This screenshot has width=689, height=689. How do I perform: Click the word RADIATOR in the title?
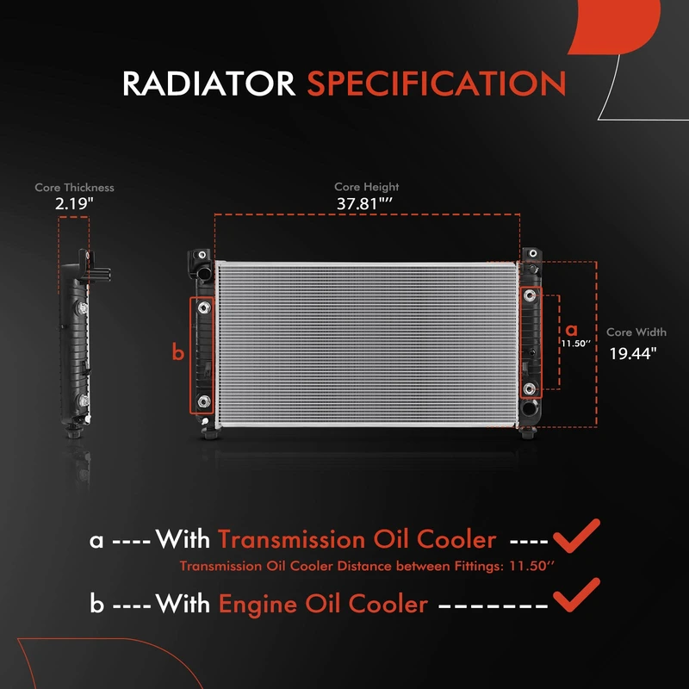click(208, 84)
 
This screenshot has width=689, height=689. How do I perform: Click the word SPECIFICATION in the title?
click(437, 84)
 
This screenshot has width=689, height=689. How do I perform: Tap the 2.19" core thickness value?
click(74, 203)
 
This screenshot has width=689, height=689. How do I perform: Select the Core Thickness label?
click(74, 188)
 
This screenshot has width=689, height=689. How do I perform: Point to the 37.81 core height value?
click(364, 203)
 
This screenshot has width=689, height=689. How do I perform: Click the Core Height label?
click(367, 187)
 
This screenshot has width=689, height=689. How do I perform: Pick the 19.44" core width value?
click(633, 353)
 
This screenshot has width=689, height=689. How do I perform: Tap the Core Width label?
click(636, 332)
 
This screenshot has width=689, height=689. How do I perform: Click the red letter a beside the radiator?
click(571, 330)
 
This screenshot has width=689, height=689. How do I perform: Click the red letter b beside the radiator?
click(178, 352)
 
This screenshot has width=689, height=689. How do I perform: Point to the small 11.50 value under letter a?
click(575, 343)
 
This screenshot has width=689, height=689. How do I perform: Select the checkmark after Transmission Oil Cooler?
click(576, 536)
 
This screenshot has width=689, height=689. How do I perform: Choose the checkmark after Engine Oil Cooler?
click(576, 594)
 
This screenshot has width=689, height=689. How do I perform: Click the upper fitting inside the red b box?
click(204, 307)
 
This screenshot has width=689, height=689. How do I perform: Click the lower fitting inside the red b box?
click(204, 400)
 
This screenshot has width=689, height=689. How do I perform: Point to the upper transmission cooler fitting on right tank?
click(530, 295)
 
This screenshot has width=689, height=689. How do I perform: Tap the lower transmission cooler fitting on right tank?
click(530, 388)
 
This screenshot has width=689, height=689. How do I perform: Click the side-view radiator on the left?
click(80, 344)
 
